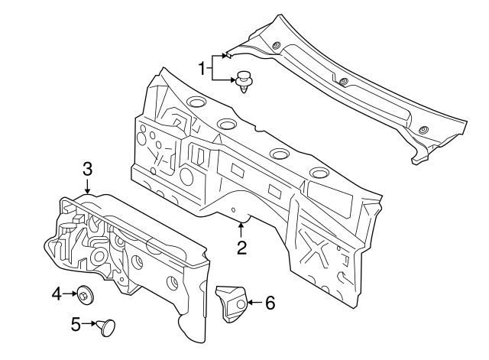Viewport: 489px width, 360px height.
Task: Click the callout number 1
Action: click(203, 69)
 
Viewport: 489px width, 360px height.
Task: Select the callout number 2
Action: click(241, 247)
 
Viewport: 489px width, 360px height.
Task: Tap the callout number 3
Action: click(87, 168)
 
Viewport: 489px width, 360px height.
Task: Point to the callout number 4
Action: click(57, 292)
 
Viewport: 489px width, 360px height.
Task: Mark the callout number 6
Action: click(269, 303)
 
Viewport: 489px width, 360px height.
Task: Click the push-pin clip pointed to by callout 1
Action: click(243, 79)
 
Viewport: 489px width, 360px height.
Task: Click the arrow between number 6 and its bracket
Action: click(253, 303)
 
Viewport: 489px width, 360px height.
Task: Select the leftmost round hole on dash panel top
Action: click(194, 102)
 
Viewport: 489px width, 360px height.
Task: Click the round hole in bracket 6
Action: click(239, 304)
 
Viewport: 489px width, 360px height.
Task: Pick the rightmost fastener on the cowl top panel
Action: click(424, 128)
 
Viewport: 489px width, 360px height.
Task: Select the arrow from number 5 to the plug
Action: click(89, 325)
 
